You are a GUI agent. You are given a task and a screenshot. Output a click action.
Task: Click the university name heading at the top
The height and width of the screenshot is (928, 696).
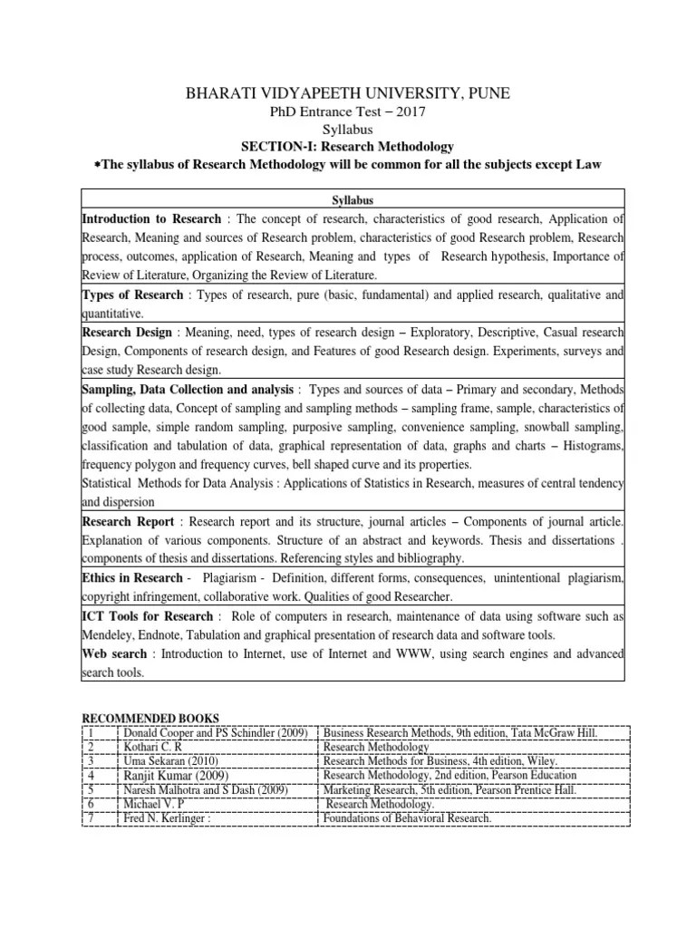pos(348,93)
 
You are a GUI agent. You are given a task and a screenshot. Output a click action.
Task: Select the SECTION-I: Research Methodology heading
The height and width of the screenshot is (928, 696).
pos(347,146)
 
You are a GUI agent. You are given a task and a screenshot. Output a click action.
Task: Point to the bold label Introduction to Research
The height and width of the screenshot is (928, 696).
pos(151,219)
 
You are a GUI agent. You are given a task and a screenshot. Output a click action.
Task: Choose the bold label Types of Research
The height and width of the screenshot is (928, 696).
pos(133,295)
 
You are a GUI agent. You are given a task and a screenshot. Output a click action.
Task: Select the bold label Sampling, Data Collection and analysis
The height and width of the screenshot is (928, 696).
pos(188,389)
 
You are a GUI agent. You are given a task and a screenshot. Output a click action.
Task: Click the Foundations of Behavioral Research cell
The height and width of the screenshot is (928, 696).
pos(407,818)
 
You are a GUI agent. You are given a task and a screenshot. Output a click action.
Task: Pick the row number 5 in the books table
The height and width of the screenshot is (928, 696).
pos(92,789)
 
